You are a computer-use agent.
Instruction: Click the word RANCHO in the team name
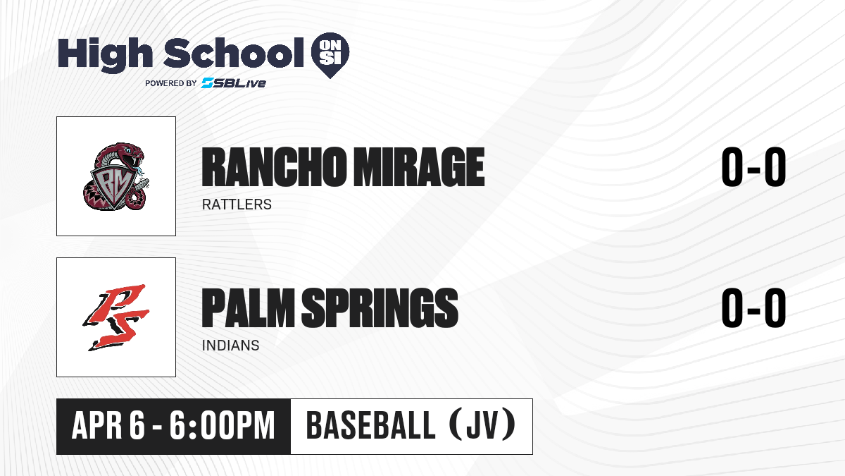pyautogui.click(x=273, y=167)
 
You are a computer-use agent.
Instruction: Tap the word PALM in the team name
pyautogui.click(x=248, y=307)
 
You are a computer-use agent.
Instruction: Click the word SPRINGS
pyautogui.click(x=380, y=307)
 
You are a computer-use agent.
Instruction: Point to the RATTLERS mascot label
pyautogui.click(x=237, y=205)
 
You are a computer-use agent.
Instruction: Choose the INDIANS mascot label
pyautogui.click(x=231, y=346)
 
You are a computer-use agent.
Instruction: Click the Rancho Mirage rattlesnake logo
pyautogui.click(x=115, y=176)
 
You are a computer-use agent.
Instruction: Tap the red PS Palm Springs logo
pyautogui.click(x=115, y=317)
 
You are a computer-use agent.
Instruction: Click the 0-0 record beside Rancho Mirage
pyautogui.click(x=753, y=167)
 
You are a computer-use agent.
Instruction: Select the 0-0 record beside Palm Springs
pyautogui.click(x=753, y=307)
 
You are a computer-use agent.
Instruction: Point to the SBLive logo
pyautogui.click(x=234, y=83)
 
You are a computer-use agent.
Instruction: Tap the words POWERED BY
pyautogui.click(x=171, y=83)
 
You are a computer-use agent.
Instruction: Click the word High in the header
pyautogui.click(x=105, y=54)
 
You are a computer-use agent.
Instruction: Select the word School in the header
pyautogui.click(x=234, y=53)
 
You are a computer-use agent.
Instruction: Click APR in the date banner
pyautogui.click(x=96, y=426)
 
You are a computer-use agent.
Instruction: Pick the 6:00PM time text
pyautogui.click(x=222, y=426)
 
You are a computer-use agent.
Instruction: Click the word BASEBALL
pyautogui.click(x=371, y=426)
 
